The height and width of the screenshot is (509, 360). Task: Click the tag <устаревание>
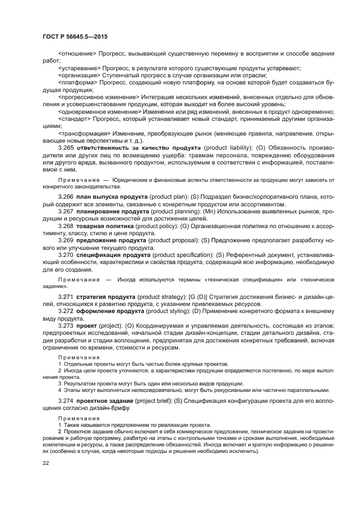[79, 68]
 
